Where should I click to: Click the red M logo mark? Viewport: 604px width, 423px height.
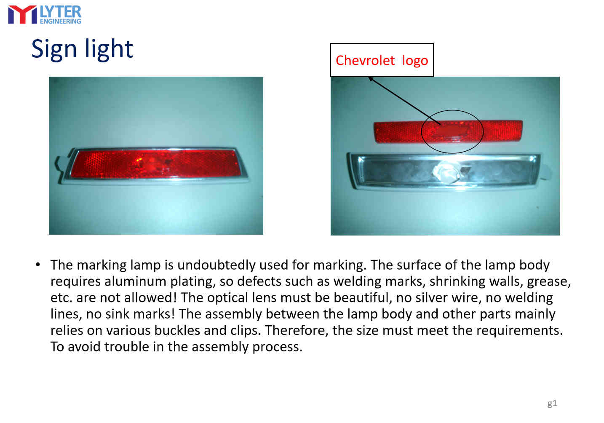click(x=23, y=15)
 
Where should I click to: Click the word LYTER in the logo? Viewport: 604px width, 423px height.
click(x=61, y=12)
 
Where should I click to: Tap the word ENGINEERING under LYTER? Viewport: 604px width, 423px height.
click(x=61, y=21)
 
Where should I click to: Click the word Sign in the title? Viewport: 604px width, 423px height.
click(x=54, y=50)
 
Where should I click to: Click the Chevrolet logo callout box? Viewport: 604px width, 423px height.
click(x=382, y=60)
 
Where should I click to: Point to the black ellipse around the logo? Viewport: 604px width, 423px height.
click(x=422, y=131)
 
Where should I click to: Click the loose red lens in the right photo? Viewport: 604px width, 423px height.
click(x=448, y=131)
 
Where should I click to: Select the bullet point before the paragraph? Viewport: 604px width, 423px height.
click(x=38, y=265)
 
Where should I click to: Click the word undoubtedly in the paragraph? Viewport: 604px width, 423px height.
click(x=216, y=265)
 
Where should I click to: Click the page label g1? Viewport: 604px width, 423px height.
click(x=552, y=404)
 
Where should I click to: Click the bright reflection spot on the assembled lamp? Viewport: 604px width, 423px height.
click(x=139, y=161)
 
